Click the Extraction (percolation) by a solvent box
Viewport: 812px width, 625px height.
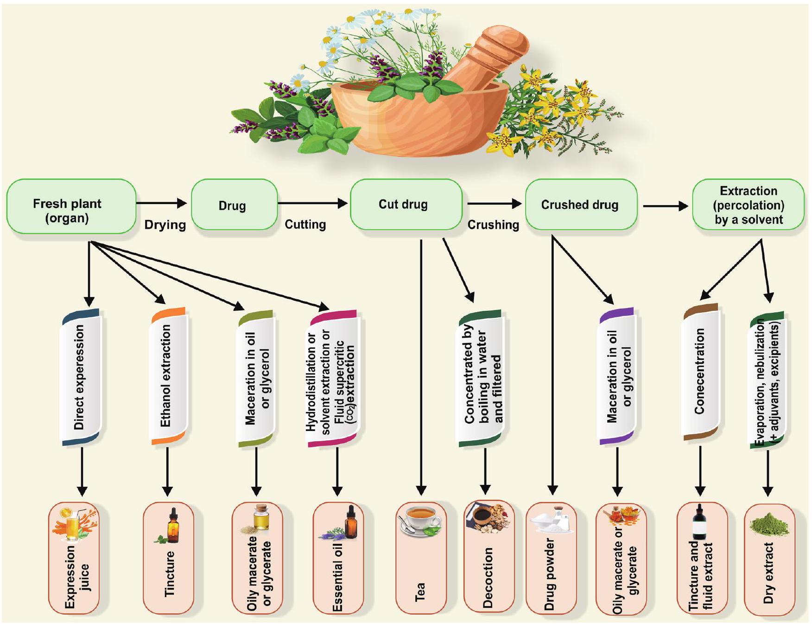(748, 205)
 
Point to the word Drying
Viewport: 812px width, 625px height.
(165, 225)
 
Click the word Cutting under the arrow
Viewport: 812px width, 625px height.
(305, 225)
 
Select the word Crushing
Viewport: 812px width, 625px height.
(493, 225)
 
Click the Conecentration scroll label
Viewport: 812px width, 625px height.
(700, 371)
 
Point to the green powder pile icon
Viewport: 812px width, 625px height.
(769, 524)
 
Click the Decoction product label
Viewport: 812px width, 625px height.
(488, 578)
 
